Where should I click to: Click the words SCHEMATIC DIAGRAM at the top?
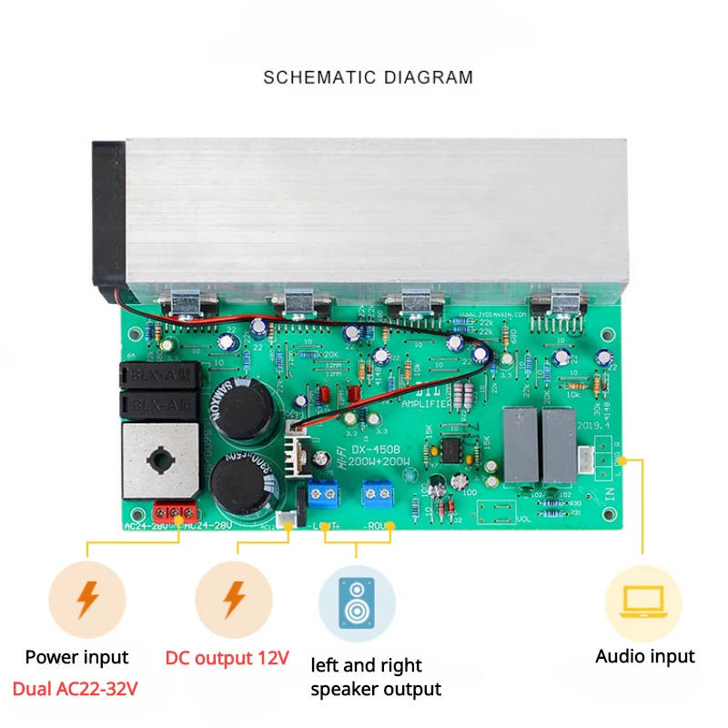[x=368, y=77]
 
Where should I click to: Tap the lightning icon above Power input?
[x=87, y=600]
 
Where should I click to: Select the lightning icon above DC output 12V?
[x=234, y=600]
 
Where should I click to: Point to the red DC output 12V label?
[x=227, y=657]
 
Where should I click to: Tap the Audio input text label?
[x=644, y=656]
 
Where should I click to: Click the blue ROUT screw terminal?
[x=376, y=493]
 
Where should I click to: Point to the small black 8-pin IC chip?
[x=450, y=450]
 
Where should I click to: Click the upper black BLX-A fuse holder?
[x=157, y=374]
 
